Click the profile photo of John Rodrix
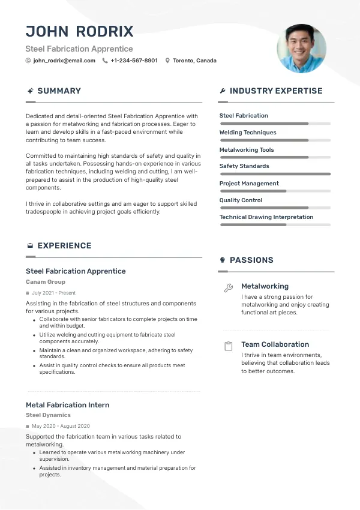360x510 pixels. (301, 49)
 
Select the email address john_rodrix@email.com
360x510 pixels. (64, 61)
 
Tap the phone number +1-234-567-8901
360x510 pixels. (134, 61)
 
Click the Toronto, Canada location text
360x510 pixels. (194, 61)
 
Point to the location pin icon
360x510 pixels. (167, 61)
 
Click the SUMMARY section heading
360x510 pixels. (59, 91)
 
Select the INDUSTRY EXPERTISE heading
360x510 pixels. (276, 91)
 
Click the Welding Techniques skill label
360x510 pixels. (248, 133)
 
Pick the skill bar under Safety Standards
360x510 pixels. (275, 174)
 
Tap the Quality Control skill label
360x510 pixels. (241, 200)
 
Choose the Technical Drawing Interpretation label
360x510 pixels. (266, 217)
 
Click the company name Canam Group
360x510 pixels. (46, 282)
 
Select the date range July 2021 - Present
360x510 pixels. (54, 293)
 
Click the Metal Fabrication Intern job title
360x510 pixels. (68, 405)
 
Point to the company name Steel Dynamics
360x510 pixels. (48, 415)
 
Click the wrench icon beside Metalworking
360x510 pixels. (228, 288)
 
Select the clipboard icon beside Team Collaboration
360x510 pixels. (228, 346)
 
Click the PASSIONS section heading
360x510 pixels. (251, 260)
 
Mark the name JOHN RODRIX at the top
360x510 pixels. (80, 32)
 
